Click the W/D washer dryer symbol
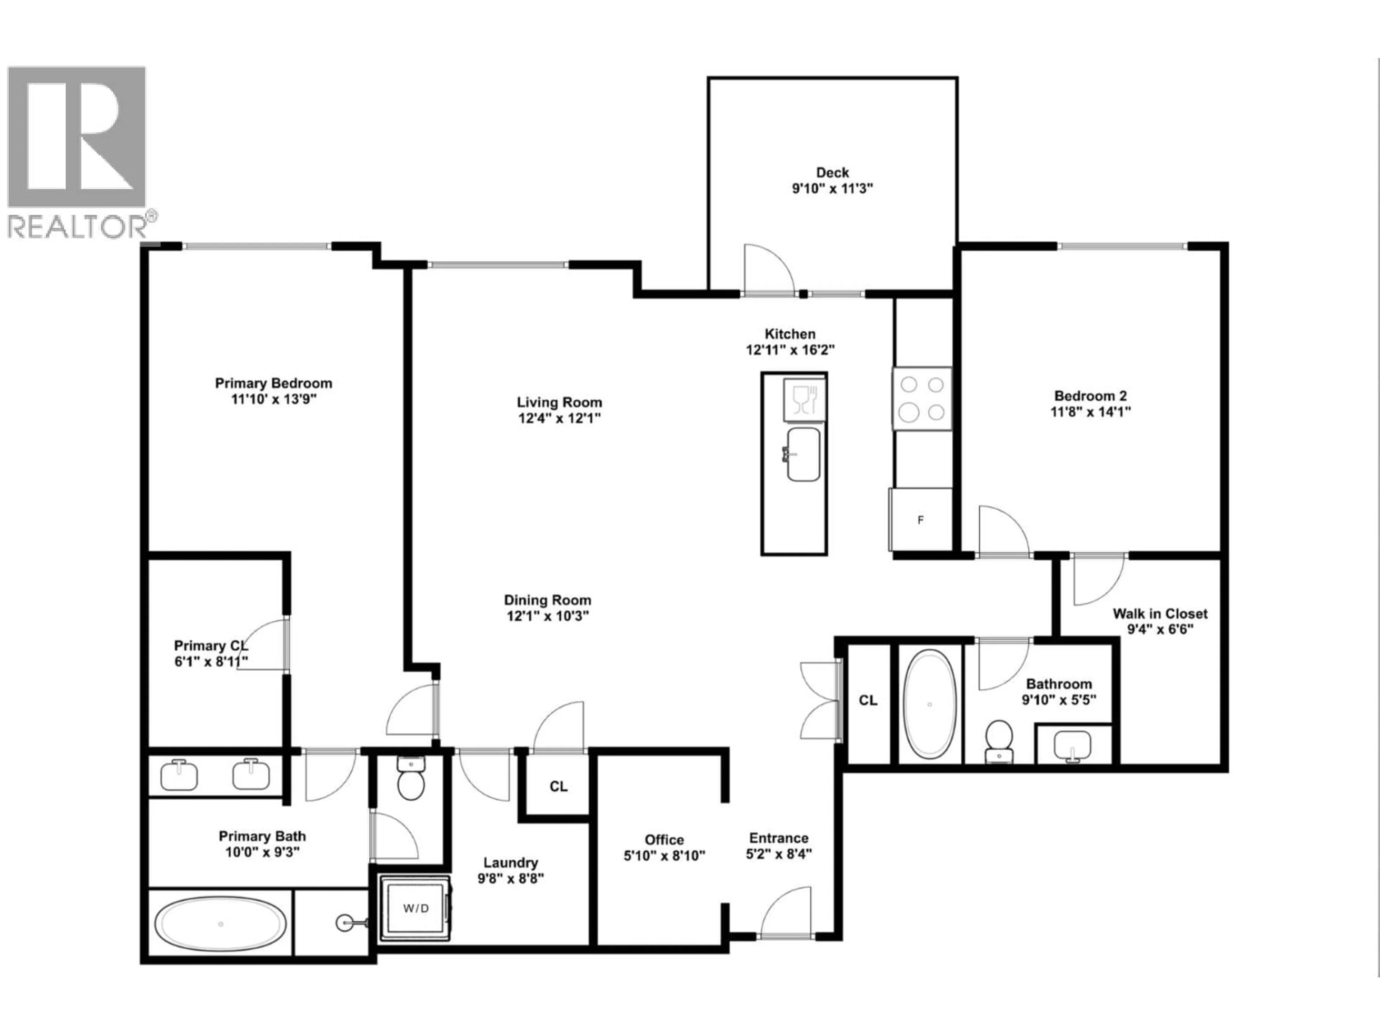tap(415, 908)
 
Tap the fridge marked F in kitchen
tap(921, 520)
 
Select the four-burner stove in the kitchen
tap(921, 399)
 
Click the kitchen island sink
tap(803, 454)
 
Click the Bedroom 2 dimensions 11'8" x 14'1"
tap(1091, 412)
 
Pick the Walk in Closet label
tap(1160, 613)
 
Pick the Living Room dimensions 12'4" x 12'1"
tap(559, 418)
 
